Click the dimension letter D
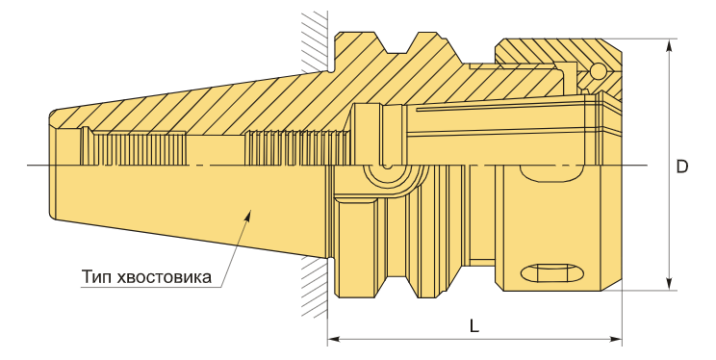click(x=681, y=167)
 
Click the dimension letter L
click(x=474, y=326)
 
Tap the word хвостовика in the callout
click(x=164, y=277)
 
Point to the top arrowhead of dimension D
click(x=670, y=45)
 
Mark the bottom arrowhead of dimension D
click(x=670, y=283)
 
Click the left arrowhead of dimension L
click(x=334, y=340)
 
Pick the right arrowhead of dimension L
click(x=616, y=340)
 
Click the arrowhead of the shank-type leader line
click(x=248, y=215)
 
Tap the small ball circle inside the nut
click(x=598, y=70)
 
